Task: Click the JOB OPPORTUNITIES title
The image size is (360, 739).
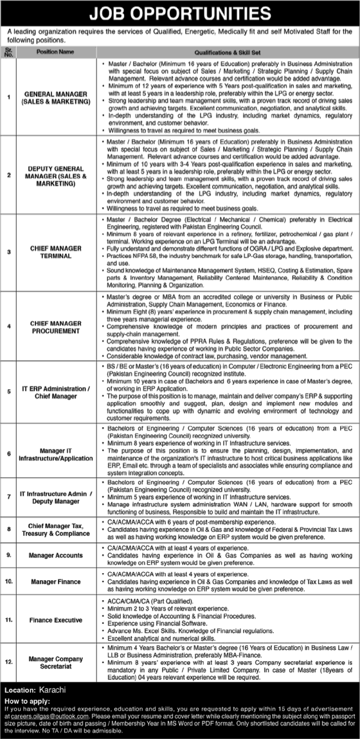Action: click(180, 12)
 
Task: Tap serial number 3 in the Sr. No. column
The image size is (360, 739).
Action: click(8, 251)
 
